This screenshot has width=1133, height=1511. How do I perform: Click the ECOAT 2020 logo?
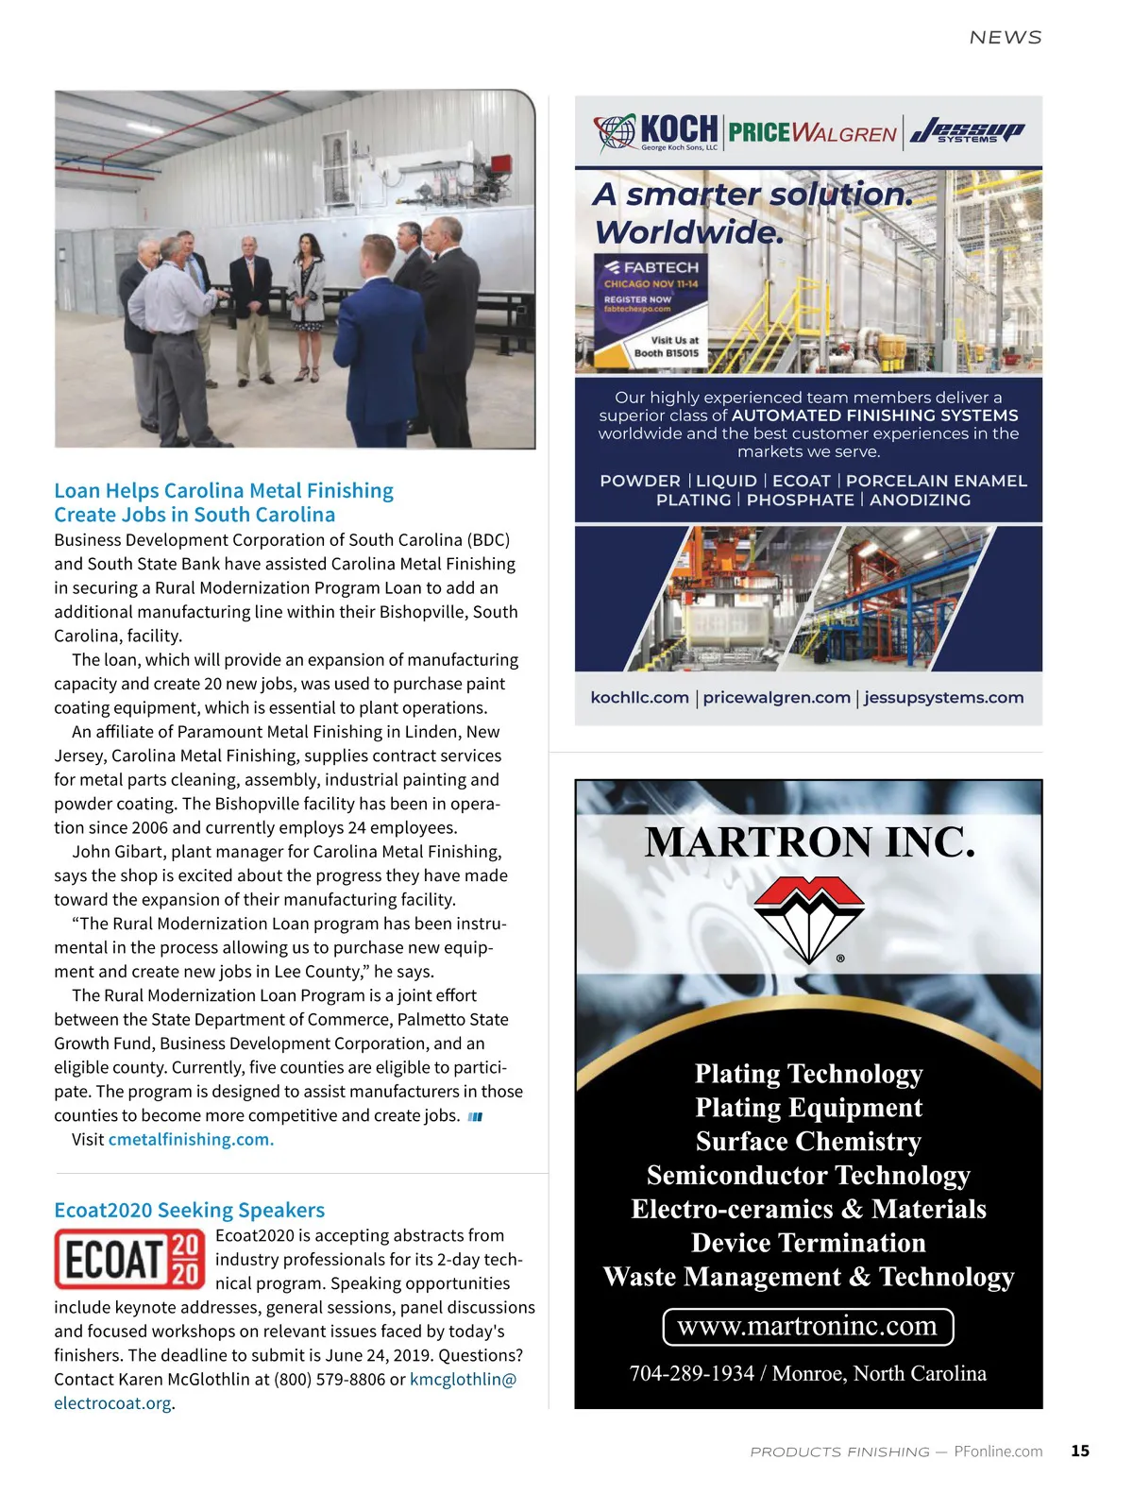click(130, 1259)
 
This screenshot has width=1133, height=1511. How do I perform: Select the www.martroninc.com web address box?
click(808, 1326)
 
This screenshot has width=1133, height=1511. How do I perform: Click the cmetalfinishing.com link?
click(191, 1139)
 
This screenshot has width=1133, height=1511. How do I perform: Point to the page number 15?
click(1080, 1451)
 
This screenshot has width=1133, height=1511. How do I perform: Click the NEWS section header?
click(1006, 38)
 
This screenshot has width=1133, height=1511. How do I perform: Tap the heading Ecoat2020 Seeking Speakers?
click(189, 1210)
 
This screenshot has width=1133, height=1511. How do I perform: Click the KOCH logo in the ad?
click(657, 132)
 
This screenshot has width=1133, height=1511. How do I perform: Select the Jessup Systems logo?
click(967, 131)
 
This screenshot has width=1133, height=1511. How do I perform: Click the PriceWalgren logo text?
click(812, 132)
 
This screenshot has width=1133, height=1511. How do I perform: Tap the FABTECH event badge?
click(651, 309)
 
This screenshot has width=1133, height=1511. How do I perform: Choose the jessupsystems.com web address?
click(943, 697)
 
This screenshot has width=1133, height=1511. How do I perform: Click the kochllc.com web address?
click(639, 697)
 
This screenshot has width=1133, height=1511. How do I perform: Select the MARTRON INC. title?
click(809, 841)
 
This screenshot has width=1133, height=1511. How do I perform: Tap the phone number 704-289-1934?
click(691, 1373)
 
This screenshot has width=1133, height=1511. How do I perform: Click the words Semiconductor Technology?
click(808, 1175)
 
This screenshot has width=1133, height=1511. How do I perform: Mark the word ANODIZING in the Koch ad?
click(920, 500)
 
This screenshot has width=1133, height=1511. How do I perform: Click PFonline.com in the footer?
click(998, 1451)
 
